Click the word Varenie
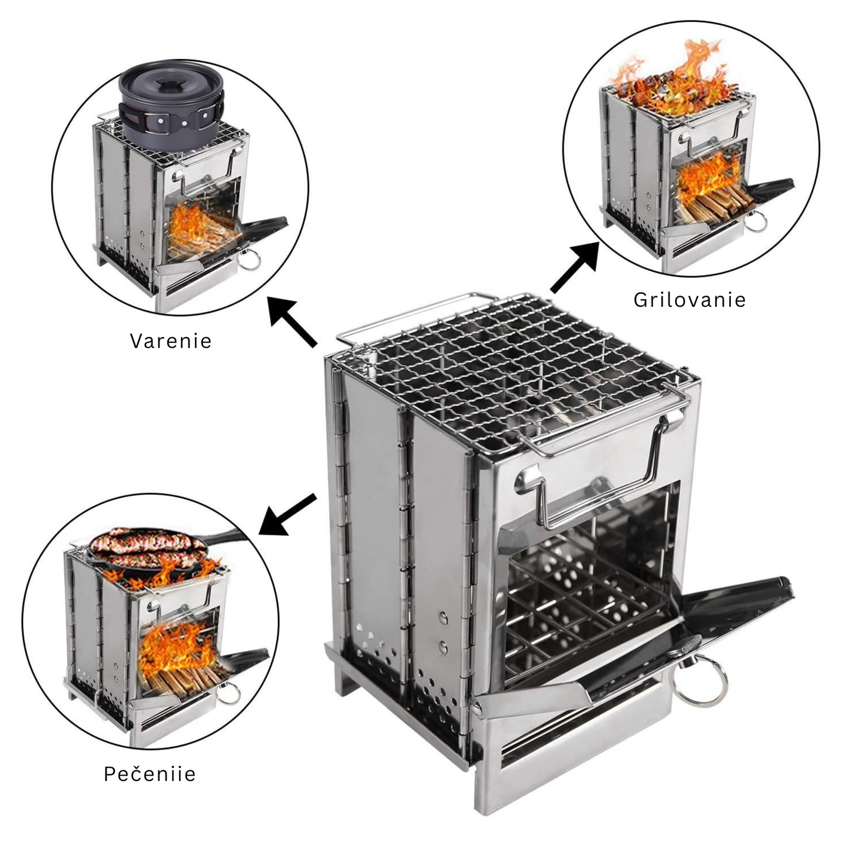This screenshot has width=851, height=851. [x=171, y=341]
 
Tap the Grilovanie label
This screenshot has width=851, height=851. [x=690, y=300]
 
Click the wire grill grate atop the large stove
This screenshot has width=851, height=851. [x=512, y=371]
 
